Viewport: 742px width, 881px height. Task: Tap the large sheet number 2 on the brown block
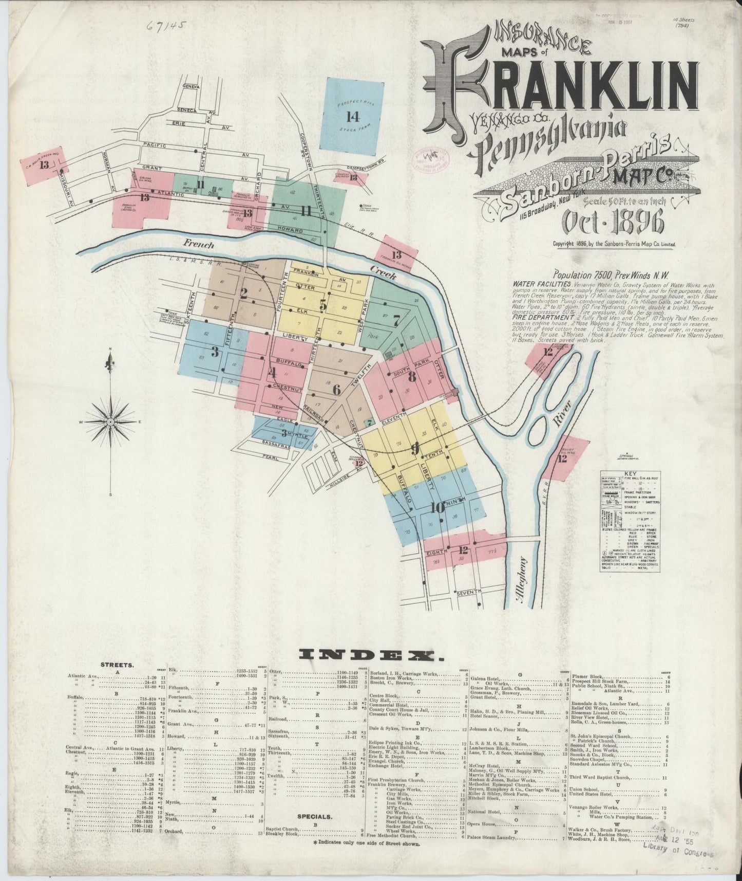243,293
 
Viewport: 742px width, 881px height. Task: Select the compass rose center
110,421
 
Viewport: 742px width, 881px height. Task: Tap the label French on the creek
198,245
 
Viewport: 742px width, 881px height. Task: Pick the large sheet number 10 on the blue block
437,508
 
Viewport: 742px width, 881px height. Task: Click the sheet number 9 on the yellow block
415,448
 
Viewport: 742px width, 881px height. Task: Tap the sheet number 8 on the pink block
411,377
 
